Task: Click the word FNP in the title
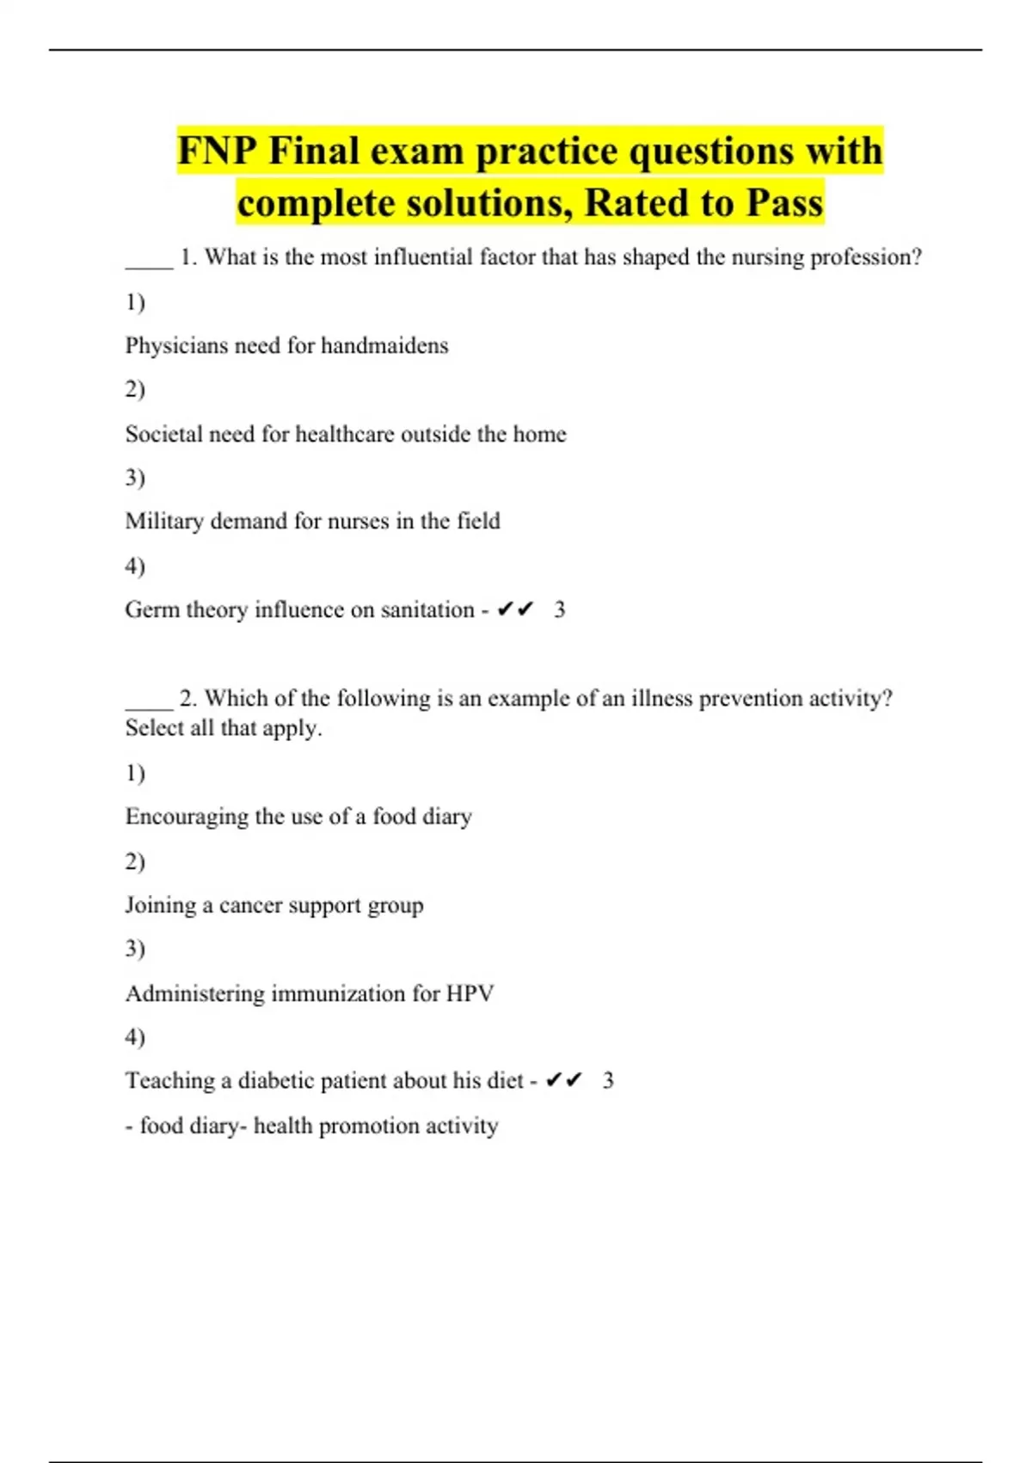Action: tap(218, 151)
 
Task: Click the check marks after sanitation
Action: tap(516, 609)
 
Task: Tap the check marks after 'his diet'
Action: tap(564, 1080)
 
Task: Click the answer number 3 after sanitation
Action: tap(560, 609)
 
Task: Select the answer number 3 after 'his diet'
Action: tap(608, 1080)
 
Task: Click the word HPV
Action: tap(470, 993)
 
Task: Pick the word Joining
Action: tap(161, 904)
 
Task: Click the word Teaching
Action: tap(169, 1080)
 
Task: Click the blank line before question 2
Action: tap(149, 707)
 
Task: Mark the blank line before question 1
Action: tap(149, 267)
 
